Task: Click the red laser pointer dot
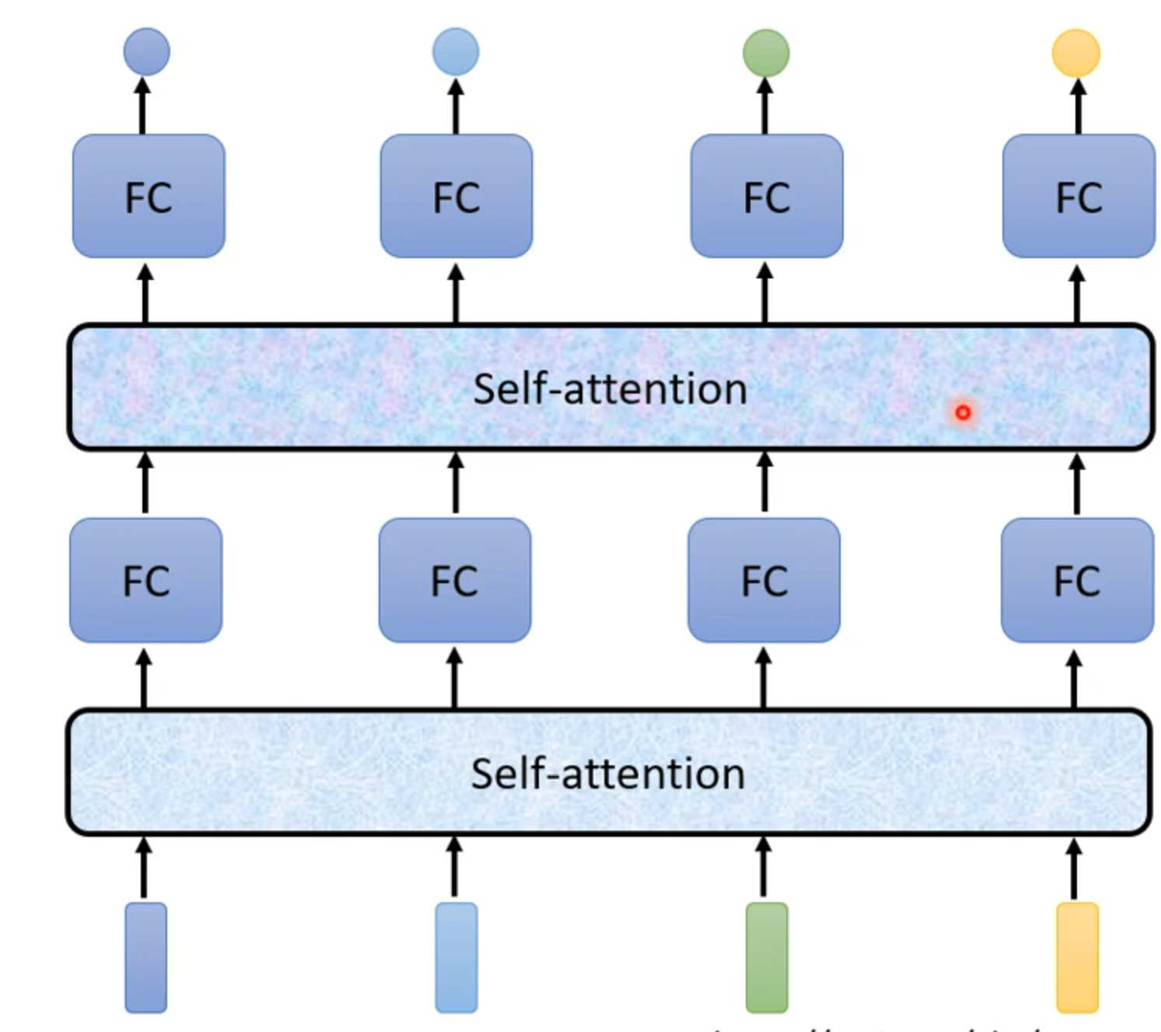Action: coord(963,412)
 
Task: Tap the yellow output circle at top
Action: coord(1076,53)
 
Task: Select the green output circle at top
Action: coord(766,53)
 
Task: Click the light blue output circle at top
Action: coord(456,52)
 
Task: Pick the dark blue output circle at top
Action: coord(146,52)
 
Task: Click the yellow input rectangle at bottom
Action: coord(1077,957)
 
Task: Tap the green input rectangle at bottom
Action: coord(767,957)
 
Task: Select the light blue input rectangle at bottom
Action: coord(456,957)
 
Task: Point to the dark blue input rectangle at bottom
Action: coord(146,957)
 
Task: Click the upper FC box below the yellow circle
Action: coord(1079,196)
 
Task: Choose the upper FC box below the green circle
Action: coord(767,196)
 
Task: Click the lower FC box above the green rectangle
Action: coord(764,580)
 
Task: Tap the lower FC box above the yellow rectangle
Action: coord(1077,580)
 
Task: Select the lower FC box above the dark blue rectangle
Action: coord(146,580)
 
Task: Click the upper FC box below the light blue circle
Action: coord(456,196)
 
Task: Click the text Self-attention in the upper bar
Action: coord(610,388)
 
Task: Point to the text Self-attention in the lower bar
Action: coord(608,774)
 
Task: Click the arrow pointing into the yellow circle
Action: coord(1078,106)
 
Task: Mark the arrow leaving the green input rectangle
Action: coord(764,867)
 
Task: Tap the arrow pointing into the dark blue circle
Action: coord(142,106)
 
